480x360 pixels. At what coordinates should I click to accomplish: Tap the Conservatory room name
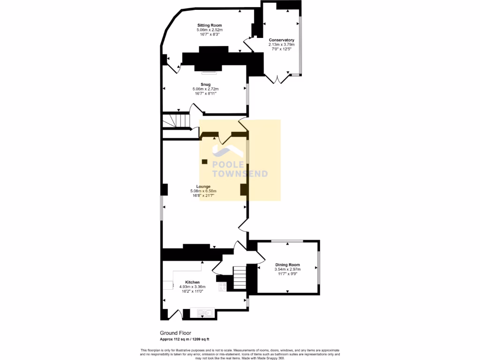point(281,40)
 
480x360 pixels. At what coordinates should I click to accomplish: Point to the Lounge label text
point(203,187)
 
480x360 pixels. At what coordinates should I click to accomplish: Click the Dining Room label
point(287,265)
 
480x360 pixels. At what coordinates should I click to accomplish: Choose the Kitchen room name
point(186,282)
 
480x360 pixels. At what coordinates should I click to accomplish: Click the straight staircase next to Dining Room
point(239,277)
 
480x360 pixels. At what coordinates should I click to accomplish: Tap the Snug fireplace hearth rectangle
point(207,72)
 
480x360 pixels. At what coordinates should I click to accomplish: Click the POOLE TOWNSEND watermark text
point(240,169)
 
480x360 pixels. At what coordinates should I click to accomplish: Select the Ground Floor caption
point(175,333)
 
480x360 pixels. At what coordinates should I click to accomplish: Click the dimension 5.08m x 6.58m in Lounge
point(203,191)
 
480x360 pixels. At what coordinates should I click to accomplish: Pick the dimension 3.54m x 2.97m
point(287,270)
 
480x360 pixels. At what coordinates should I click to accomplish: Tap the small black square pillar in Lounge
point(204,162)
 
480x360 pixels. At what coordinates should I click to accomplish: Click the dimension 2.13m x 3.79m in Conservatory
point(281,45)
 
